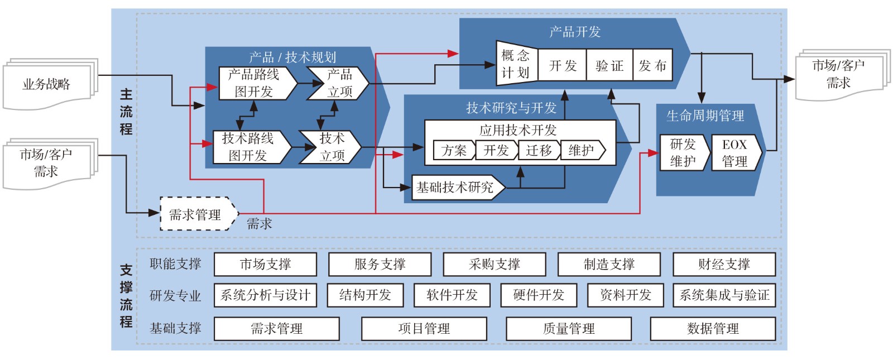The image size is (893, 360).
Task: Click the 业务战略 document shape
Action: tap(47, 85)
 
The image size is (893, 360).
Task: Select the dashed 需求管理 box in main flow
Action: tap(195, 214)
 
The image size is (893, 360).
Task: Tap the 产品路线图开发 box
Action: tap(254, 83)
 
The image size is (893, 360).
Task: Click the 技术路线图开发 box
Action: tap(248, 147)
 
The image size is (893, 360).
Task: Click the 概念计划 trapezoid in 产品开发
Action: tap(515, 64)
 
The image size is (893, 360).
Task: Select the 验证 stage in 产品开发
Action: tap(609, 66)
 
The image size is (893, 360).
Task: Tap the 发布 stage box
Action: tap(652, 66)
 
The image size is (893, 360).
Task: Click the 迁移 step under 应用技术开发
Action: tap(539, 151)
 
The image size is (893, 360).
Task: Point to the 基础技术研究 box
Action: tap(456, 188)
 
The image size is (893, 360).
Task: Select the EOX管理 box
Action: tap(734, 153)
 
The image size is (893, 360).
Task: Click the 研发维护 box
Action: tap(683, 153)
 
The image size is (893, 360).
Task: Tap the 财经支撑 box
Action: tap(724, 265)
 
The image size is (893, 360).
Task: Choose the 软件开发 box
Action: tap(452, 295)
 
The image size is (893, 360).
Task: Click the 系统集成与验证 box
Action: tap(724, 295)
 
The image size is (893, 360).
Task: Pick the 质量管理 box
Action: tap(569, 329)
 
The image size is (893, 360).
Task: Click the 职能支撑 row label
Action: tap(175, 264)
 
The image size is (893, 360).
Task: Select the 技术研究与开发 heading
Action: tap(511, 108)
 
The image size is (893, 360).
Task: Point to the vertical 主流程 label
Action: tap(126, 112)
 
